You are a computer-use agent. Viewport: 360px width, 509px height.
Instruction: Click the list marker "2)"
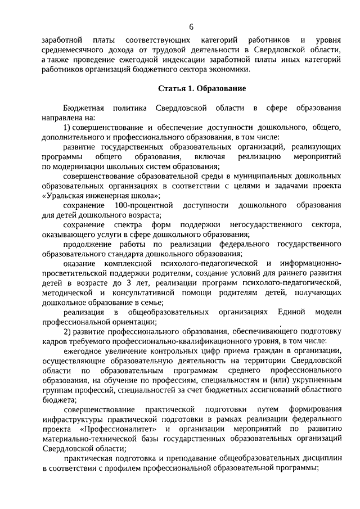coord(67,332)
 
